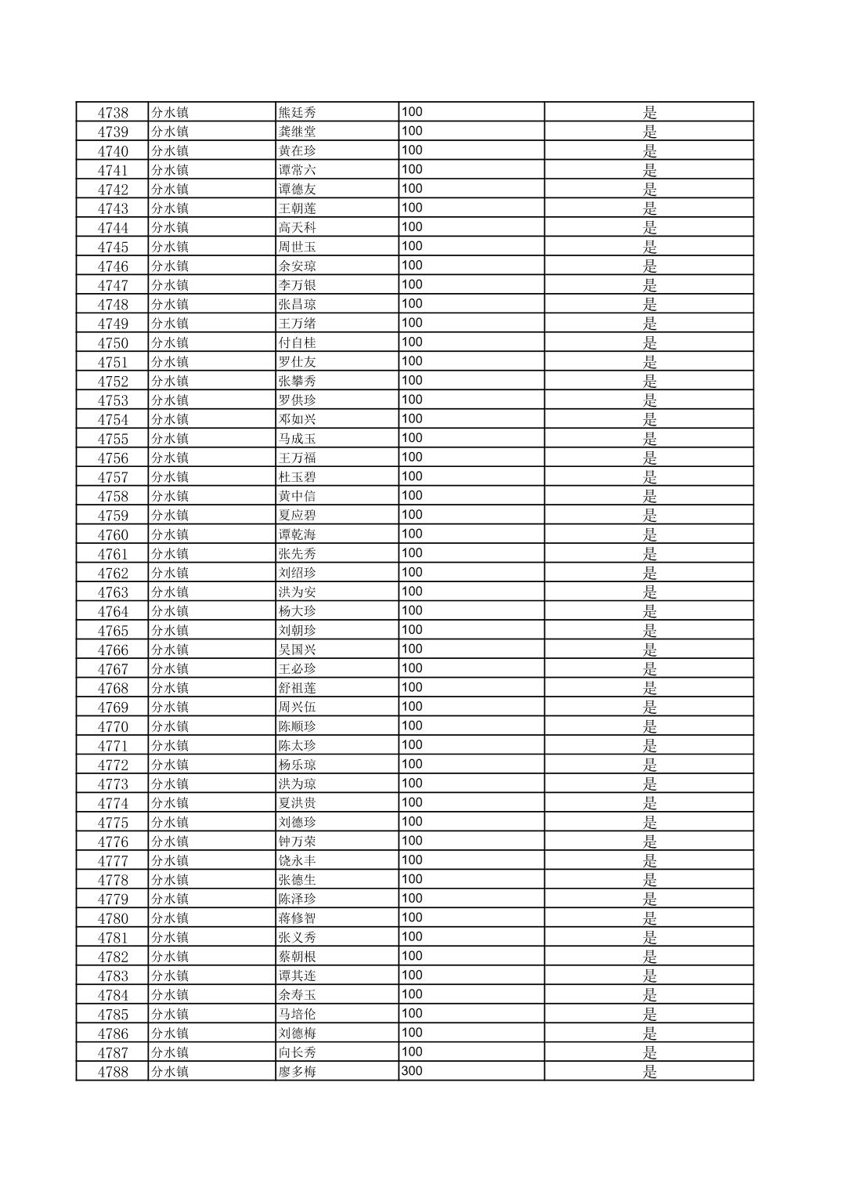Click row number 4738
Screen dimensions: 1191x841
(113, 113)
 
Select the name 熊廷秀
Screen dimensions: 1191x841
(298, 113)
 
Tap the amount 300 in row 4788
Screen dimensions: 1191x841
(412, 1070)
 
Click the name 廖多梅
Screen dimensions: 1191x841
(298, 1072)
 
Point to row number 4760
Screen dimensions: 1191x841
(113, 535)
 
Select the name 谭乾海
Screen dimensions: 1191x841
(298, 535)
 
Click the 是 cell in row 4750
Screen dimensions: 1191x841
(649, 343)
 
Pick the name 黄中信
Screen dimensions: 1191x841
(298, 497)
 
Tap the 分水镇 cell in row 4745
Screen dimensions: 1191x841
(170, 247)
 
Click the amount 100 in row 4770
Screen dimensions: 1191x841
(412, 726)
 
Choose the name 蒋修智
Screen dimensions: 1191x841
(298, 918)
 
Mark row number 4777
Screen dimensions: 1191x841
(113, 861)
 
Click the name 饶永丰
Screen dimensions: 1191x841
(298, 861)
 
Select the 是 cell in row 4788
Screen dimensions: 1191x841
(649, 1072)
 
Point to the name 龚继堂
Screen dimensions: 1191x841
(298, 132)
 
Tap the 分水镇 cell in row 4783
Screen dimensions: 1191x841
(170, 976)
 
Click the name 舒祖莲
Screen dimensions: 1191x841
(298, 689)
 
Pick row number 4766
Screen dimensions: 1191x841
(113, 650)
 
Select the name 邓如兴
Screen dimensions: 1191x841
(298, 420)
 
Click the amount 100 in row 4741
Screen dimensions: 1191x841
(412, 169)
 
